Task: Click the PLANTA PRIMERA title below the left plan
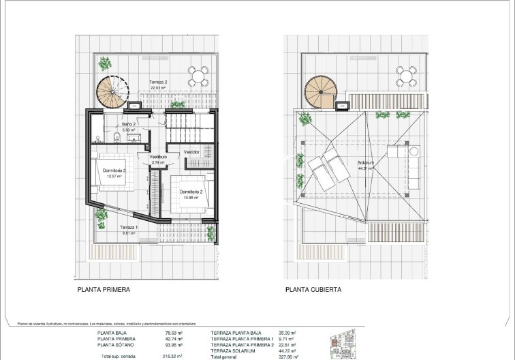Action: click(x=104, y=289)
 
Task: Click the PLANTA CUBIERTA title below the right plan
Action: click(x=313, y=289)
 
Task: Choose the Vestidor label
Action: click(x=191, y=152)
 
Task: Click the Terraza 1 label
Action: click(x=128, y=229)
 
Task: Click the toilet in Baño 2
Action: click(x=117, y=137)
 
